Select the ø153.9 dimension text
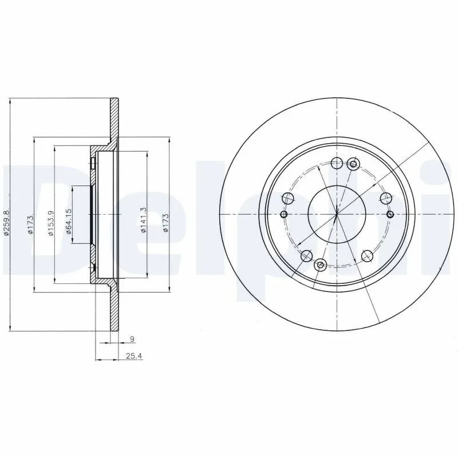point(50,223)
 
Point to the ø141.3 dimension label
point(144,221)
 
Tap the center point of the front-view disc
point(337,214)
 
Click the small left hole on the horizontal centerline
point(283,215)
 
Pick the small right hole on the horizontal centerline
point(390,214)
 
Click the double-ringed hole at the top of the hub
point(353,165)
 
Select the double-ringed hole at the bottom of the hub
point(321,264)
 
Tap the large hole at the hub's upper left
point(289,198)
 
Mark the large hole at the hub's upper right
point(385,198)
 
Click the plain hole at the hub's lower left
point(306,256)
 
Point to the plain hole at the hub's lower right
point(367,256)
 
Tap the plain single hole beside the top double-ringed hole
point(336,162)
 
